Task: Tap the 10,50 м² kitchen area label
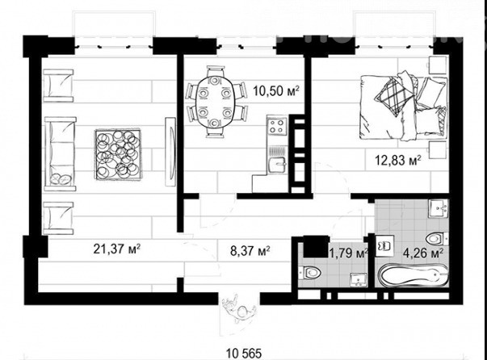point(276,91)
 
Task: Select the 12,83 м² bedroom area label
point(398,160)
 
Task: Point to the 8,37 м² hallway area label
point(250,250)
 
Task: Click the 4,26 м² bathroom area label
point(422,253)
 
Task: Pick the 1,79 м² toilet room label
point(349,253)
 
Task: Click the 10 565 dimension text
point(244,354)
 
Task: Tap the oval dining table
point(215,102)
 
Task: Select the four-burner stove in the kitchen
point(276,126)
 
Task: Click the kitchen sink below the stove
point(277,164)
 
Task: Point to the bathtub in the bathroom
point(413,275)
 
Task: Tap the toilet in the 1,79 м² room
point(310,273)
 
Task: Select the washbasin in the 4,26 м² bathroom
point(439,208)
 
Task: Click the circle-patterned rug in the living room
point(117,154)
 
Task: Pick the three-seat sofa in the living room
point(61,153)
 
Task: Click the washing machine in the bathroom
point(384,246)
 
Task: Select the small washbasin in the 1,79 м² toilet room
point(359,279)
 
